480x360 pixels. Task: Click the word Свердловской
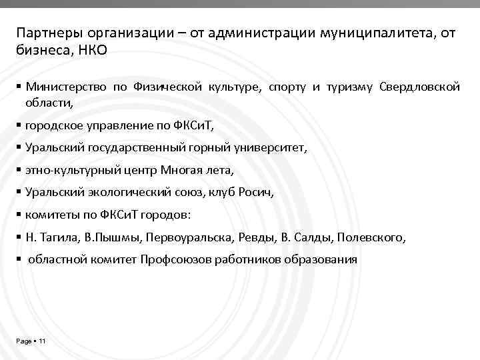click(420, 87)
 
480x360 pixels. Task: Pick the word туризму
click(349, 87)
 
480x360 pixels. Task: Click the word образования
click(319, 259)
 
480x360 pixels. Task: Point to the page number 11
click(41, 341)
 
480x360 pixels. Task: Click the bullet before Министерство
click(19, 87)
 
